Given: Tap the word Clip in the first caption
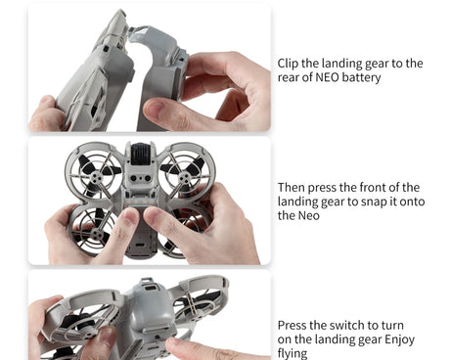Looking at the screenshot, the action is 288,64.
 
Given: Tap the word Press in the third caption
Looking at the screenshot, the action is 292,326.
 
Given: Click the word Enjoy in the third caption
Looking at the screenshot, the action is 399,340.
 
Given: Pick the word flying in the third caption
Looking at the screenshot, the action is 293,354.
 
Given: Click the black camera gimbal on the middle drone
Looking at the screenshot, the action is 140,153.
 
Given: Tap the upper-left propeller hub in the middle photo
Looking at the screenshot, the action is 95,177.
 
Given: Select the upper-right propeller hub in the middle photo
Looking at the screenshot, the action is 185,178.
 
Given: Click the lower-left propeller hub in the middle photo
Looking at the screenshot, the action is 96,233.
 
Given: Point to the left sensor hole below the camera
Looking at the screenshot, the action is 134,178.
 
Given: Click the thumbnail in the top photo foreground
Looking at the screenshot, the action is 155,109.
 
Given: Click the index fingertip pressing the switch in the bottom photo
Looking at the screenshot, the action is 173,342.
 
